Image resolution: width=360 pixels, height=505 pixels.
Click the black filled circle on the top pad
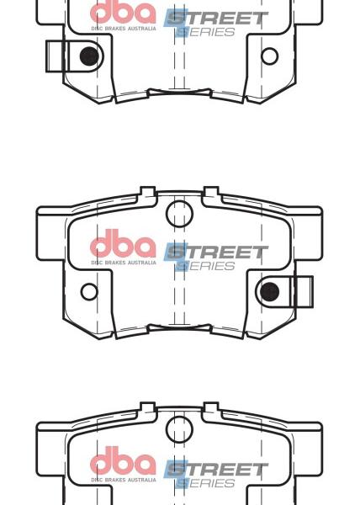[x=89, y=56]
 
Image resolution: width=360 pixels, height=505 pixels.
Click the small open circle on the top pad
[x=270, y=56]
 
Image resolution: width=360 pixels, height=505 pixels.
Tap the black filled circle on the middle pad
[x=270, y=291]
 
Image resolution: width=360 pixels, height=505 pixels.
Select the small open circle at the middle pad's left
[x=89, y=292]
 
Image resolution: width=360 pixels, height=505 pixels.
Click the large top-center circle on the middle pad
[x=179, y=214]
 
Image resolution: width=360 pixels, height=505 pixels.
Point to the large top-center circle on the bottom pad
[x=179, y=429]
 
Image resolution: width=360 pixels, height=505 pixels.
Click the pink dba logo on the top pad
[x=123, y=13]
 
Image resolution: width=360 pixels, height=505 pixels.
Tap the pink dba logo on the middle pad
[x=123, y=243]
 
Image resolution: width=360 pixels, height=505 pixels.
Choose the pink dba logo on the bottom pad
[x=123, y=460]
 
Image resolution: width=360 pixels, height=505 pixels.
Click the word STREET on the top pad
[x=216, y=19]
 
